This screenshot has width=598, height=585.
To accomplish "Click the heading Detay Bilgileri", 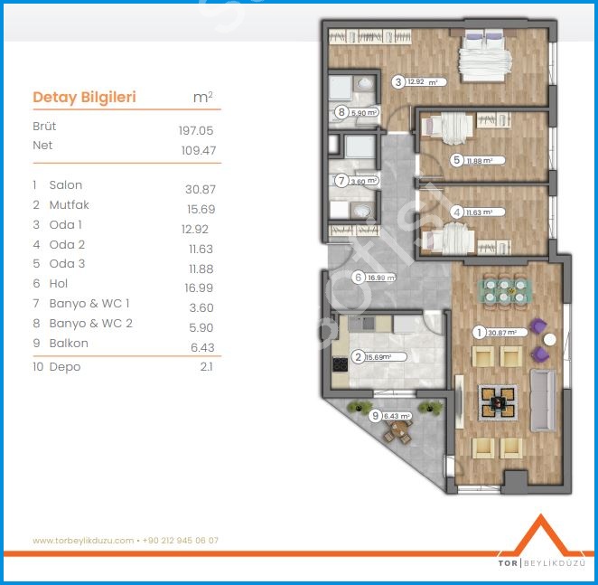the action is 84,97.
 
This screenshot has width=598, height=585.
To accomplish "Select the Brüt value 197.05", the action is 196,130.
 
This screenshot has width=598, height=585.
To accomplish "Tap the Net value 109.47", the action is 199,150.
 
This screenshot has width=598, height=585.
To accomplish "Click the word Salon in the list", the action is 66,185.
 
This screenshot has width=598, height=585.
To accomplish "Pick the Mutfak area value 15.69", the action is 201,209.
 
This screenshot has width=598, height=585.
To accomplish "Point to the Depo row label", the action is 65,367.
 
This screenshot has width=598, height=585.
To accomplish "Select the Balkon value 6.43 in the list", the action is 202,347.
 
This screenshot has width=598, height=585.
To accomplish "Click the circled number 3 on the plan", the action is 398,82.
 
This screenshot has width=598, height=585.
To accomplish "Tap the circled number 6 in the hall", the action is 358,278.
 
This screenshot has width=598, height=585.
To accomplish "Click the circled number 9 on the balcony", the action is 375,415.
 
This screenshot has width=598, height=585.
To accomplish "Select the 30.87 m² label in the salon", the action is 502,333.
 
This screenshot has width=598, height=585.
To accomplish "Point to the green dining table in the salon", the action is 504,291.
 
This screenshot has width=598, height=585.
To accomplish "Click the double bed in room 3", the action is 484,57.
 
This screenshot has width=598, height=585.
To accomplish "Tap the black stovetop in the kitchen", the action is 340,364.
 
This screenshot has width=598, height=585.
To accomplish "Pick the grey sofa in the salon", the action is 543,400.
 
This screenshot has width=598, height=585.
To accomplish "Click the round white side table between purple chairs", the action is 549,339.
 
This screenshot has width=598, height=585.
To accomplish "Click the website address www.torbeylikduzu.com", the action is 83,541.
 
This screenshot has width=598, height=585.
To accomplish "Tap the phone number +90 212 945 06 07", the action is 181,541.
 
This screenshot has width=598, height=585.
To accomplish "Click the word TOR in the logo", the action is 508,563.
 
